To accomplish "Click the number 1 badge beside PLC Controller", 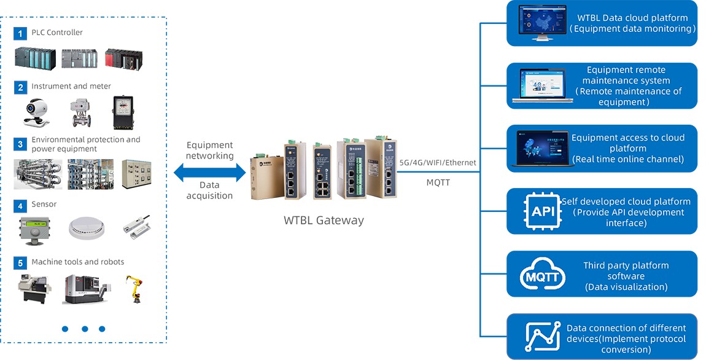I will [x=20, y=33].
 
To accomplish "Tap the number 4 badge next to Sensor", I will [x=20, y=205].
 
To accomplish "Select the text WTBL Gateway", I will [x=324, y=220].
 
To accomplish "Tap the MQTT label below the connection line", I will [x=438, y=182].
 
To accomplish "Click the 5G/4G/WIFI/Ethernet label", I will [x=438, y=163].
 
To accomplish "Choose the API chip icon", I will [x=543, y=212].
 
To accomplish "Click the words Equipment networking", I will [x=210, y=151].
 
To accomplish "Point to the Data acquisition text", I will [x=210, y=190].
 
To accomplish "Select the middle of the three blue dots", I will [x=85, y=329].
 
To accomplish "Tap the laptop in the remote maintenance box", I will [x=542, y=87].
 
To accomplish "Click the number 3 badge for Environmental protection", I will [x=20, y=144].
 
